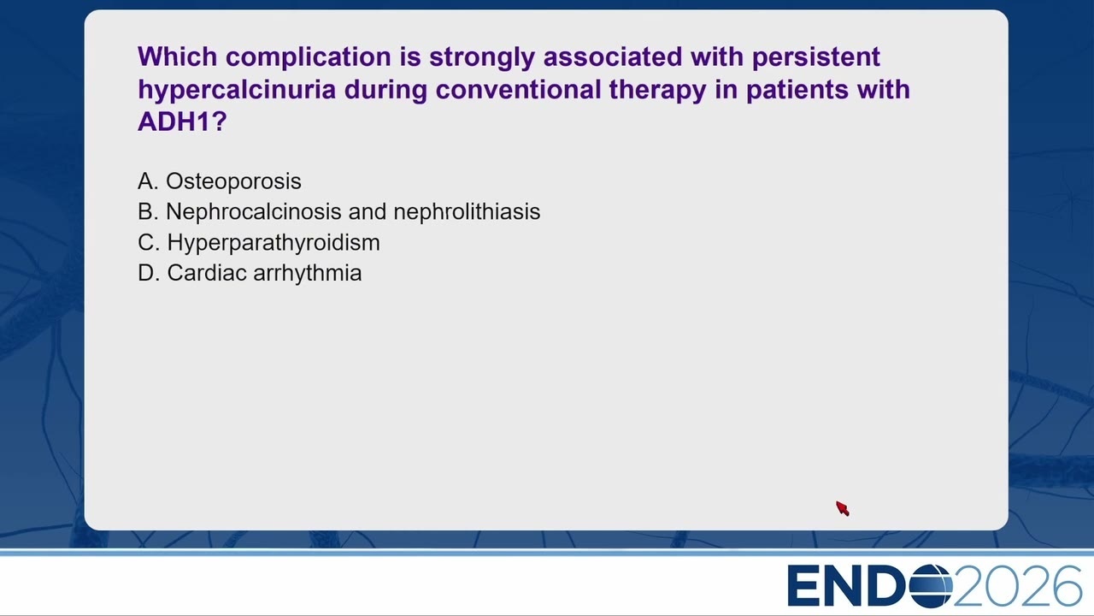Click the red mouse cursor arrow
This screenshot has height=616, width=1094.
(843, 508)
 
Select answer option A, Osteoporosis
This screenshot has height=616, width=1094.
(220, 181)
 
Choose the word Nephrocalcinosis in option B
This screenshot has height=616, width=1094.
(254, 211)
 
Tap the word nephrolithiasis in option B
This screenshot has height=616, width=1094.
(467, 211)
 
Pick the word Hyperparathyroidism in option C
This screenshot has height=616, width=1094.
(273, 243)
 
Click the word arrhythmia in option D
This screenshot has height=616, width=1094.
(308, 273)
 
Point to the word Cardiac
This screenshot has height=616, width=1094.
(207, 273)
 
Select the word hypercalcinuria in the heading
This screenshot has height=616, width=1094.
(237, 90)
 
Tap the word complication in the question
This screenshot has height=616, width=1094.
(309, 57)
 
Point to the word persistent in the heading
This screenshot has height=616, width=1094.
(816, 57)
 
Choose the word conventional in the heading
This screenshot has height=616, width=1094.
(518, 90)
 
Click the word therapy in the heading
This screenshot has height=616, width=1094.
(658, 91)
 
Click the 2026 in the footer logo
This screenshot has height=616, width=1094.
(1017, 586)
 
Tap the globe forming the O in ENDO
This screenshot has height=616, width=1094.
(931, 586)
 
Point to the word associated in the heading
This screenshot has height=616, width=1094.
(613, 56)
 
